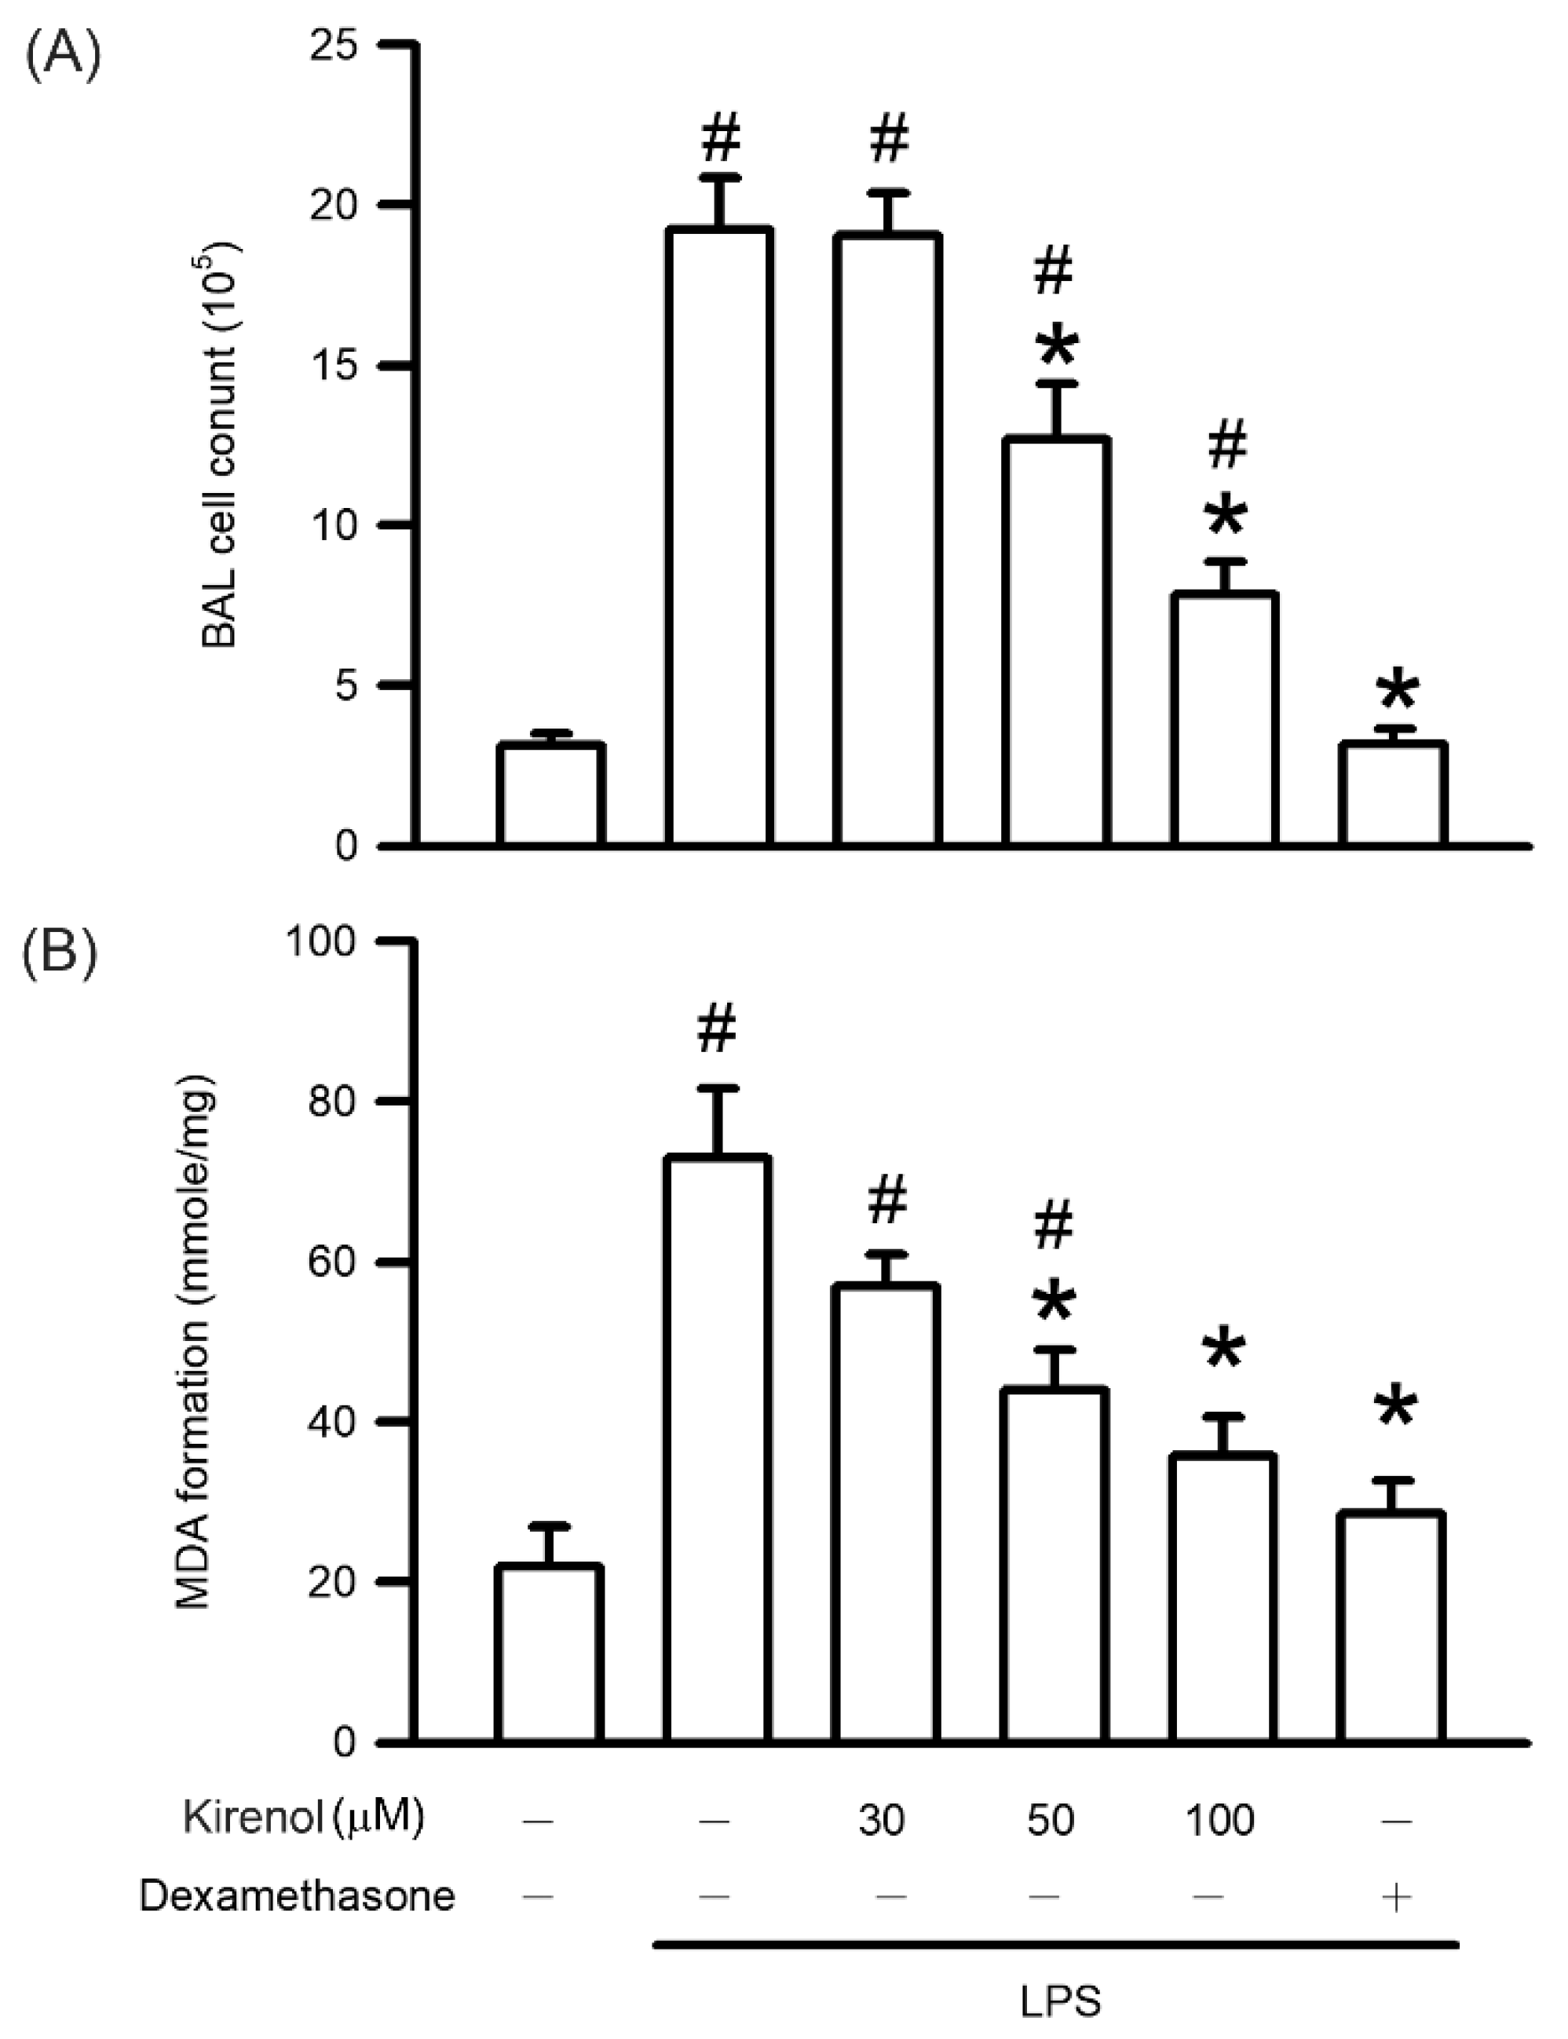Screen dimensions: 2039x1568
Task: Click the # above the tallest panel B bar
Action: [716, 1029]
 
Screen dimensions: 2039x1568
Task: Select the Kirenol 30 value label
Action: [880, 1820]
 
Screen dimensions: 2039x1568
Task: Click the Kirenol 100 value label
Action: [1220, 1820]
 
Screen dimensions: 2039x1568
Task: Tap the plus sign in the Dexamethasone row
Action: [1396, 1895]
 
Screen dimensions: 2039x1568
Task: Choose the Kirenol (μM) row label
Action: [303, 1818]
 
